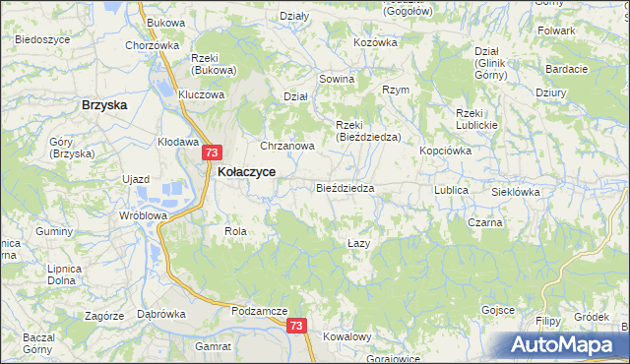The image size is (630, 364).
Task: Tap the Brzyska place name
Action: click(x=106, y=104)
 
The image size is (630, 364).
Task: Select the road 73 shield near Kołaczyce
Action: click(x=213, y=152)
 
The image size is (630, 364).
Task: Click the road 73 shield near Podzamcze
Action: click(x=296, y=326)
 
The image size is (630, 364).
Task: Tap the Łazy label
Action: click(x=359, y=242)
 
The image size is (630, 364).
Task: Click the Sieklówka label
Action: click(x=515, y=193)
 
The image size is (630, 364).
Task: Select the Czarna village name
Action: click(x=485, y=222)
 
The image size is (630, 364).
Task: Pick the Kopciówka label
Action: click(x=446, y=152)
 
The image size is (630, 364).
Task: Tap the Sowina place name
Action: click(x=336, y=78)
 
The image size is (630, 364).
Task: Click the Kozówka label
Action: click(x=374, y=42)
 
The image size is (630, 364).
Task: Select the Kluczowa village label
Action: click(x=202, y=95)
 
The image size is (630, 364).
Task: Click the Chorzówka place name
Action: click(x=152, y=45)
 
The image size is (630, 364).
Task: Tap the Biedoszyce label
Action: click(x=42, y=39)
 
